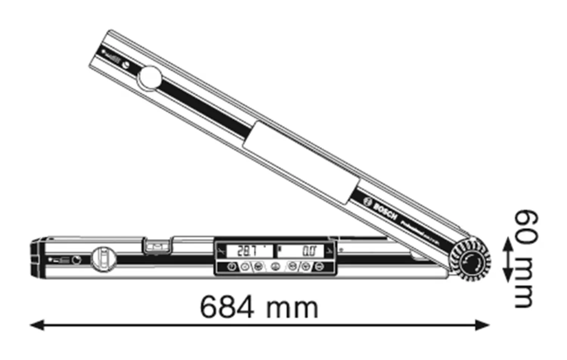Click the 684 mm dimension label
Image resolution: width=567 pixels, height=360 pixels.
259,307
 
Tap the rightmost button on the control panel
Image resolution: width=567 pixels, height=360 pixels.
320,267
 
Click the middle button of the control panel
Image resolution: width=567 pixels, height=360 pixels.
275,267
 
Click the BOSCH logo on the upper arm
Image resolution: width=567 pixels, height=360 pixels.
380,209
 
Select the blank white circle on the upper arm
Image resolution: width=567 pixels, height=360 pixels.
149,78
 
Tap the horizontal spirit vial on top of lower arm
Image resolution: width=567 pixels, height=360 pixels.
156,246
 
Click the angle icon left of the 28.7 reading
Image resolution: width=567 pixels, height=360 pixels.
220,251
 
